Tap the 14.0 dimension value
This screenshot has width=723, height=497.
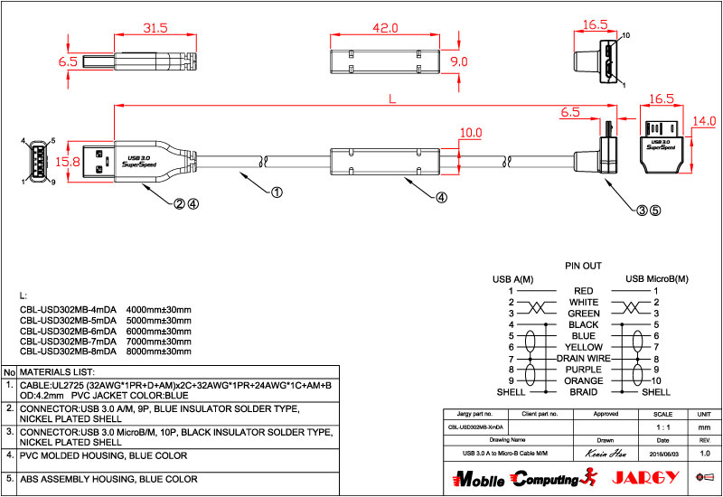[x=705, y=121]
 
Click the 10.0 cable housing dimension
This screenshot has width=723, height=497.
[x=471, y=133]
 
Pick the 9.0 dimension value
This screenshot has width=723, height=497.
[x=459, y=61]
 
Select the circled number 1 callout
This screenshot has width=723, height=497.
[x=277, y=192]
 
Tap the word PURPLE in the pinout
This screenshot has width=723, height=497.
[x=583, y=370]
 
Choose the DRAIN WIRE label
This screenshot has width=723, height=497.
[x=583, y=358]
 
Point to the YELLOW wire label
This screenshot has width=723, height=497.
[x=583, y=347]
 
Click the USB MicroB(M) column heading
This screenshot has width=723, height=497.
[x=657, y=278]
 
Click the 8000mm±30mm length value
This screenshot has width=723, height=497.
[x=159, y=354]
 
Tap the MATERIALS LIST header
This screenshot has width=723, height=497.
[x=57, y=372]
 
